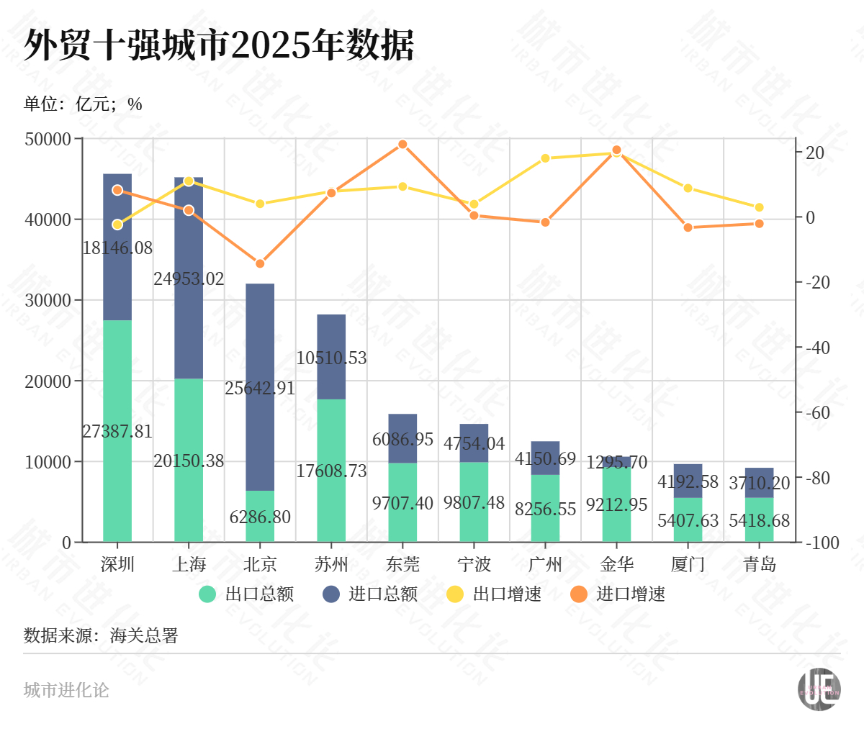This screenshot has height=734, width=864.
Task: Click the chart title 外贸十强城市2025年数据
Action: coord(219,46)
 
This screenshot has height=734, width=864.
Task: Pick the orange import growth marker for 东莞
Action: coord(402,145)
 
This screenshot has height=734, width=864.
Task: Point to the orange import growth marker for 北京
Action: coord(260,263)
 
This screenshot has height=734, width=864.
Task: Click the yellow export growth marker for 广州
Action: coord(545,158)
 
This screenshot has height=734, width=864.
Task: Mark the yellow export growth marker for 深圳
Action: coord(117,225)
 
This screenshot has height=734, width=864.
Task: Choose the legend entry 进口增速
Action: coord(618,594)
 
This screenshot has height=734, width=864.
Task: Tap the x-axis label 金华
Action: coord(616,564)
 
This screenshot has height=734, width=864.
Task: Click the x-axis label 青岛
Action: coord(760,564)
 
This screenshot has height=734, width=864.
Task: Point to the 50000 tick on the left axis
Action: coord(48,139)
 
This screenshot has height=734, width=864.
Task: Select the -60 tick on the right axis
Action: coord(817,413)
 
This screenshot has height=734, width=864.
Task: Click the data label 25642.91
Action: coord(260,388)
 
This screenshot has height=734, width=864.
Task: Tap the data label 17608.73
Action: coord(331,471)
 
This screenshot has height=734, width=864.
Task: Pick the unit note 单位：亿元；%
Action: coord(83,104)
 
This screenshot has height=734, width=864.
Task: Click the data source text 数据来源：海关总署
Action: coord(101,636)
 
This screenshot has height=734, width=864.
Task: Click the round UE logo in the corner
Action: coord(819,689)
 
